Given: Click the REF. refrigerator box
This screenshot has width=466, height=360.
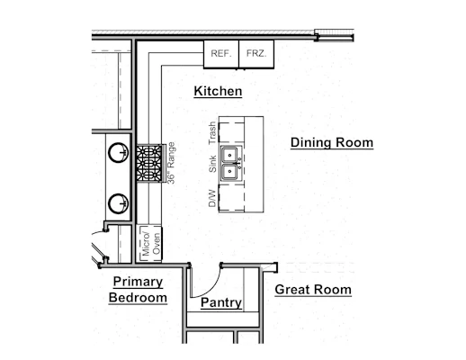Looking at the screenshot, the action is pyautogui.click(x=221, y=54).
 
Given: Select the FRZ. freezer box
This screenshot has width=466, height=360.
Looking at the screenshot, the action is pyautogui.click(x=256, y=54).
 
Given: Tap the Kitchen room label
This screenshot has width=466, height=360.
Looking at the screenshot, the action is pyautogui.click(x=218, y=91).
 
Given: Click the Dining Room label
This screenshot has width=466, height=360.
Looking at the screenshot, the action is pyautogui.click(x=332, y=142).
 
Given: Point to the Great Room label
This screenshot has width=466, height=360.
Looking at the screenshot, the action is pyautogui.click(x=313, y=290).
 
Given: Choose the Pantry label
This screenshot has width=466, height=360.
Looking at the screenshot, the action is pyautogui.click(x=221, y=302).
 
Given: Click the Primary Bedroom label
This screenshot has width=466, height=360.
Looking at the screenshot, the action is pyautogui.click(x=138, y=290).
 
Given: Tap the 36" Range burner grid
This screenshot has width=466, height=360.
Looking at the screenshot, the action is pyautogui.click(x=149, y=163).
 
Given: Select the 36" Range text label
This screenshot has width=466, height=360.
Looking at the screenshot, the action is pyautogui.click(x=171, y=163).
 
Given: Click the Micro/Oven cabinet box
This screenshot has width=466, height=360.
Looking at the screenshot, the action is pyautogui.click(x=149, y=243).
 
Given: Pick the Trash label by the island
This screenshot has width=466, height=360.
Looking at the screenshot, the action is pyautogui.click(x=212, y=133).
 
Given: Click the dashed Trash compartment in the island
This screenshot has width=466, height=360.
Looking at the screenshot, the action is pyautogui.click(x=231, y=132).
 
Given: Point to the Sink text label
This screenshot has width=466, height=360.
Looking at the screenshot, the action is pyautogui.click(x=212, y=164).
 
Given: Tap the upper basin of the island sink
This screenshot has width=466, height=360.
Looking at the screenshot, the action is pyautogui.click(x=230, y=155).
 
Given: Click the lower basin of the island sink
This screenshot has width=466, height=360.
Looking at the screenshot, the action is pyautogui.click(x=230, y=172).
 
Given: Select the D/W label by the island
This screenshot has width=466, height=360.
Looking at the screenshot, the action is pyautogui.click(x=212, y=198).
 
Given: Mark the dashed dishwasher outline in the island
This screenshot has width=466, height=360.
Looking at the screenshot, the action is pyautogui.click(x=231, y=197).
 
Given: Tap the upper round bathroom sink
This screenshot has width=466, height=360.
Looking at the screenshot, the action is pyautogui.click(x=118, y=153).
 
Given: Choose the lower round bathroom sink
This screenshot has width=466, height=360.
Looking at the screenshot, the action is pyautogui.click(x=118, y=203).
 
